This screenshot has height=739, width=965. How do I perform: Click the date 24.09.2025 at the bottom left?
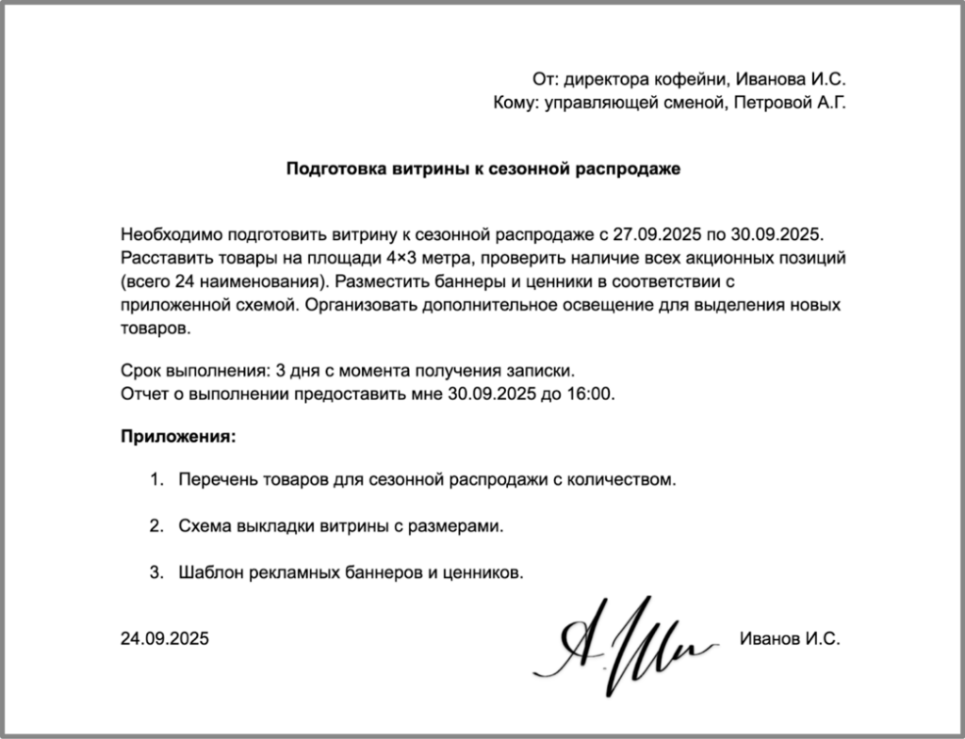click(x=165, y=638)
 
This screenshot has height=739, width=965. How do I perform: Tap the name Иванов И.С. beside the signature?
click(x=789, y=638)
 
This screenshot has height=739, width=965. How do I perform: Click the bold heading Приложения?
click(x=177, y=437)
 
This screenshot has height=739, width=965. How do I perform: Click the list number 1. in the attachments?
click(x=156, y=480)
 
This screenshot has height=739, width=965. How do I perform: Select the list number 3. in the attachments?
click(x=156, y=572)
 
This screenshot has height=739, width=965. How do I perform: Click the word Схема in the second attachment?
click(x=203, y=526)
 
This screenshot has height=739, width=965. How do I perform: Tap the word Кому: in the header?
click(x=514, y=103)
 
